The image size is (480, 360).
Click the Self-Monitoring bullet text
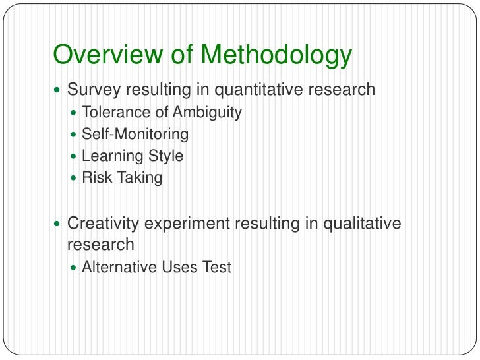coord(135,135)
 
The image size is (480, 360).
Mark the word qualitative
coord(362,224)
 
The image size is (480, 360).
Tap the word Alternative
coord(115,267)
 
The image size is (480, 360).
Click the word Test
coord(217,267)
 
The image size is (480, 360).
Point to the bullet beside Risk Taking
coord(73,178)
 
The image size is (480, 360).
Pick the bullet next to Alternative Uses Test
coord(73,268)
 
